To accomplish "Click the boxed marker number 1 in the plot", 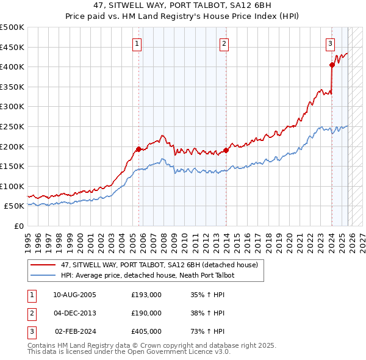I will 137,43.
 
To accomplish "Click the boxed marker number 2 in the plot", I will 224,43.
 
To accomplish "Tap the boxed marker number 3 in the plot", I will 330,43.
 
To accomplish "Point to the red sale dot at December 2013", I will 226,150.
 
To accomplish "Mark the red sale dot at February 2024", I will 332,65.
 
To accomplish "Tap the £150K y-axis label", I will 12,166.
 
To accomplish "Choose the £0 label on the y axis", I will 18,226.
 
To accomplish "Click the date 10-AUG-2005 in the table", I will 75,295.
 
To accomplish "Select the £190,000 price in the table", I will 146,313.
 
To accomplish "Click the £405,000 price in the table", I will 146,331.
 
